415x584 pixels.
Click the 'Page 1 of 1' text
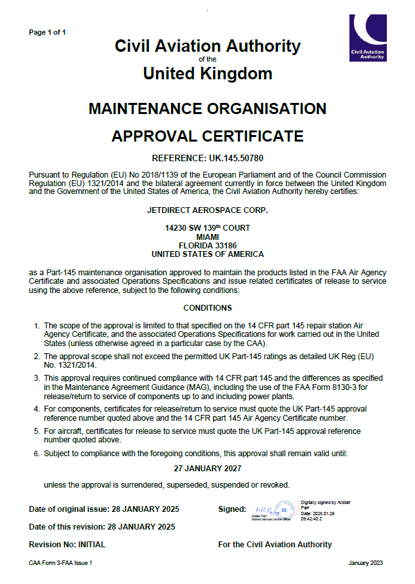click(x=47, y=32)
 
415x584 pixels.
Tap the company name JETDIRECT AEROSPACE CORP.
click(x=207, y=210)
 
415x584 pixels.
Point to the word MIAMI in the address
click(x=207, y=237)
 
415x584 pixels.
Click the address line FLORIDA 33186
click(x=207, y=245)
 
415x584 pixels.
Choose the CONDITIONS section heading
click(x=207, y=307)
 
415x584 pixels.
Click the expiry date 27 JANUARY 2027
click(x=207, y=468)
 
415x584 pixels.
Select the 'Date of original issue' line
click(x=104, y=509)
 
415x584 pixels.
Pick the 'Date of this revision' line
click(x=102, y=526)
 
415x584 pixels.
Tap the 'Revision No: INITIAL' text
click(x=67, y=545)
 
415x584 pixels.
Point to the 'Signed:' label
click(x=231, y=509)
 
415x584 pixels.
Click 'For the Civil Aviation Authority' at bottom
click(x=275, y=545)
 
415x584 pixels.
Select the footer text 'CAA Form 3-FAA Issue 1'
click(x=61, y=563)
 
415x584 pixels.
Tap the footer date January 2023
click(x=365, y=563)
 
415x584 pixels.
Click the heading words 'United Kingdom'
click(x=207, y=73)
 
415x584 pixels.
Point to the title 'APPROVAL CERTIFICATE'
click(x=207, y=136)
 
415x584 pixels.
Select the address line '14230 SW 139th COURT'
click(x=207, y=227)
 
